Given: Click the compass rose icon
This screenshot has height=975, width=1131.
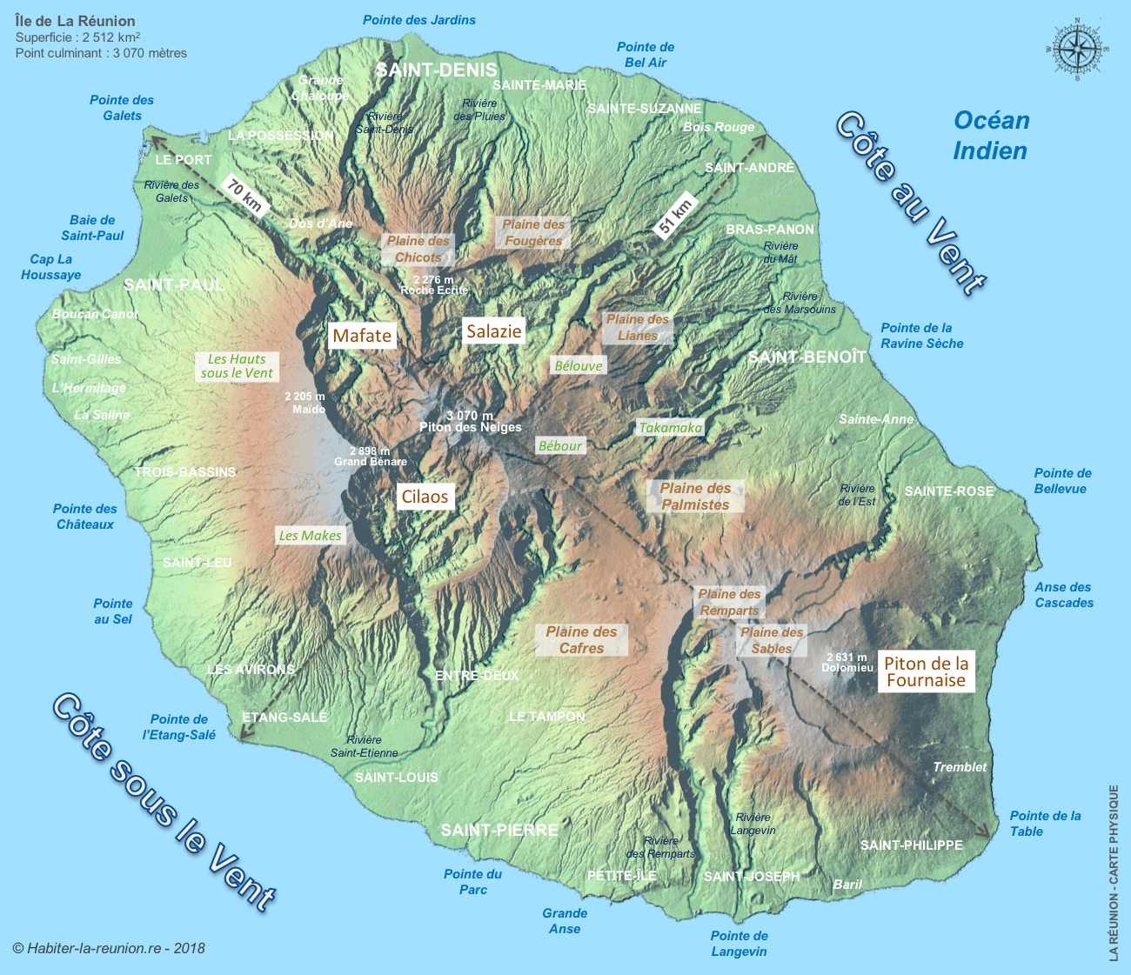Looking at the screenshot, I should click(1077, 49).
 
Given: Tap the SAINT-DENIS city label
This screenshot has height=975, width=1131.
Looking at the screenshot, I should click(436, 70).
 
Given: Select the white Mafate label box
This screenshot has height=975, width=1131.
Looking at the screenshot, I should click(362, 336).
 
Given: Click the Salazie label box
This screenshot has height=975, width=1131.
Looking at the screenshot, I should click(493, 331).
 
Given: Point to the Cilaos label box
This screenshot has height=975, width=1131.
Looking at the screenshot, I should click(425, 497).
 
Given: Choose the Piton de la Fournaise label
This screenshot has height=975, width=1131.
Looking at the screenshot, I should click(926, 671).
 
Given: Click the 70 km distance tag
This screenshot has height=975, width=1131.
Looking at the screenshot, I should click(244, 196).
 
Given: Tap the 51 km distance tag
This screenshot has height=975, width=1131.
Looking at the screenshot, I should click(675, 214).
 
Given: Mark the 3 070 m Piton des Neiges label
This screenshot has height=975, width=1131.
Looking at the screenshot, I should click(470, 422).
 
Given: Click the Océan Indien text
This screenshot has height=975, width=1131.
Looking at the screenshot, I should click(991, 136).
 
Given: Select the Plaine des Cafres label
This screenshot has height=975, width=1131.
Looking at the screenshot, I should click(581, 640).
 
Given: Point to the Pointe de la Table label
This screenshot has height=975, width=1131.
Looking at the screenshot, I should click(1044, 824).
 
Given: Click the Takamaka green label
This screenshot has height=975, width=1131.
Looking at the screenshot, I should click(670, 427).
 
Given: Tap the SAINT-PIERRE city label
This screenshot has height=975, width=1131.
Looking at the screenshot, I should click(499, 830).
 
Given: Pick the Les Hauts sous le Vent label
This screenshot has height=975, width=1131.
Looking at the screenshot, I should click(237, 366).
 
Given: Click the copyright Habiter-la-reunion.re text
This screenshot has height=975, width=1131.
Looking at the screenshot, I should click(109, 948).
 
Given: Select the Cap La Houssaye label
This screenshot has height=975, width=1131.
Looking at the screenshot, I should click(51, 267).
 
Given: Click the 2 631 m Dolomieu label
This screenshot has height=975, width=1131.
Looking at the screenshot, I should click(847, 663).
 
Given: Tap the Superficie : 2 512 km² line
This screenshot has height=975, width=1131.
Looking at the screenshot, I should click(78, 37).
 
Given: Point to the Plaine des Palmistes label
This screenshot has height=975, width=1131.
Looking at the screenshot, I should click(695, 497).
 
